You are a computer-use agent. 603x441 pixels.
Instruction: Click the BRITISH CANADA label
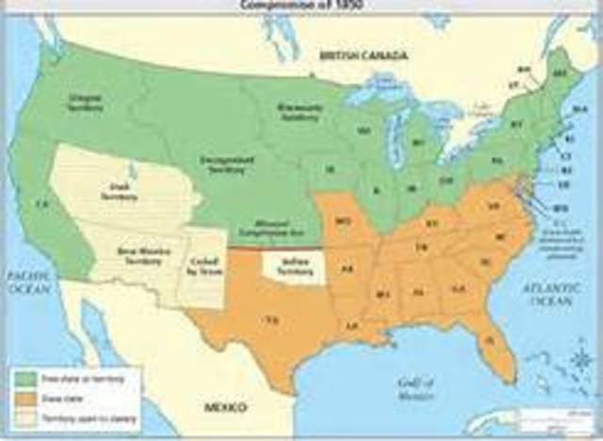point(364,57)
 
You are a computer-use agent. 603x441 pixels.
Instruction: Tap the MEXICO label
point(227,408)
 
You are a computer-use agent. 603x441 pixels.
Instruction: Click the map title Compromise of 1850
point(301,6)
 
